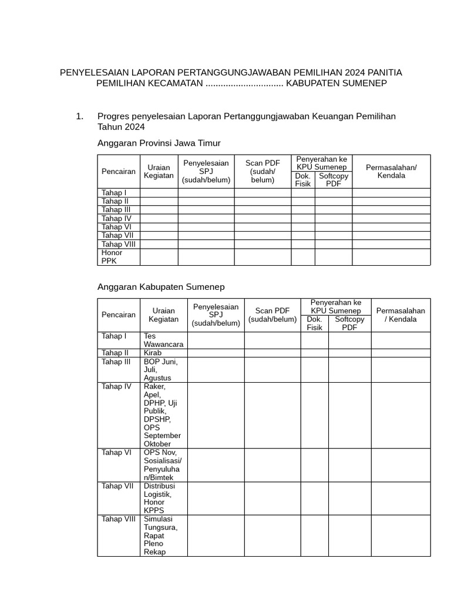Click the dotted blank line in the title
pyautogui.click(x=244, y=84)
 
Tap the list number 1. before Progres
pyautogui.click(x=80, y=116)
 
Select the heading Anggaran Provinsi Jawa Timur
pyautogui.click(x=159, y=143)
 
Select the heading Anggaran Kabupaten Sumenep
pyautogui.click(x=160, y=287)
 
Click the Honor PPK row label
pyautogui.click(x=112, y=257)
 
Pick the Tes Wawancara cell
pyautogui.click(x=163, y=340)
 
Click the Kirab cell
pyautogui.click(x=153, y=353)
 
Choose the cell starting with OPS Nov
pyautogui.click(x=163, y=465)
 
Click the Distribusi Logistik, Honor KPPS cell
pyautogui.click(x=159, y=498)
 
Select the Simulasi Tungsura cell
pyautogui.click(x=160, y=535)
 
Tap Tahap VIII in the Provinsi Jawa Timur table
pyautogui.click(x=119, y=244)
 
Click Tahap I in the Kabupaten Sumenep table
pyautogui.click(x=114, y=336)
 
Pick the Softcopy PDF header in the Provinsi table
pyautogui.click(x=334, y=180)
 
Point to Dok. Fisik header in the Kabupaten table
pyautogui.click(x=314, y=323)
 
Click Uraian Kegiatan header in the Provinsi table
pyautogui.click(x=159, y=172)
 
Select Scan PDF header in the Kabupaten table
pyautogui.click(x=272, y=315)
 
